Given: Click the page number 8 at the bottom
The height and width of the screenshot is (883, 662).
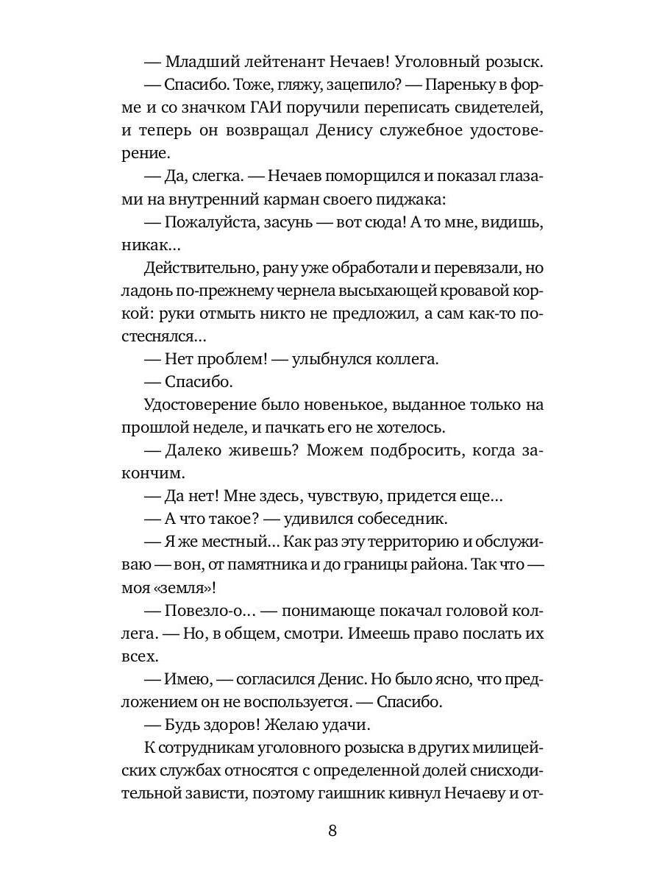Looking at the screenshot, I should (332, 831).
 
